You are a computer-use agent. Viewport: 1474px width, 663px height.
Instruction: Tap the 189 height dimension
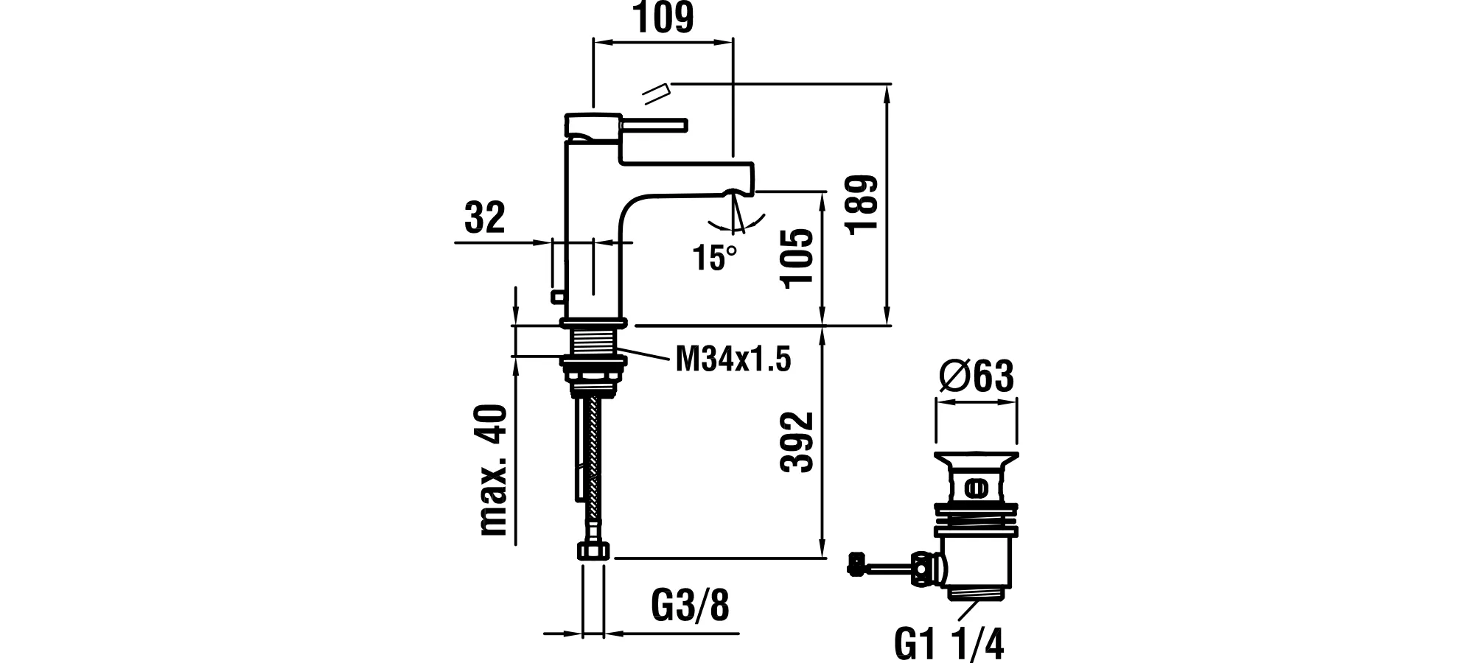pyautogui.click(x=862, y=205)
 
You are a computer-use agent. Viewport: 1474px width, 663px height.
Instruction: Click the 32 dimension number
pyautogui.click(x=485, y=218)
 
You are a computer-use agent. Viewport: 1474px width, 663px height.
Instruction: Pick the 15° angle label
pyautogui.click(x=714, y=257)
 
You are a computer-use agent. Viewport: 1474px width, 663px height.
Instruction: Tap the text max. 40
pyautogui.click(x=494, y=470)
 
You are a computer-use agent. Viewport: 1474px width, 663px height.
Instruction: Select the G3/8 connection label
pyautogui.click(x=690, y=606)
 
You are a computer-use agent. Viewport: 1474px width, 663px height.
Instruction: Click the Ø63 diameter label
pyautogui.click(x=977, y=377)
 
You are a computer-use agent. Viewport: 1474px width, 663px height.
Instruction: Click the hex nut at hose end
pyautogui.click(x=594, y=551)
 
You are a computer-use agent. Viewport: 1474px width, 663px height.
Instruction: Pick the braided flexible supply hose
pyautogui.click(x=593, y=471)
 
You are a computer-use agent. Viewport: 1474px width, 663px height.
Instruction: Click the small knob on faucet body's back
pyautogui.click(x=556, y=297)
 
